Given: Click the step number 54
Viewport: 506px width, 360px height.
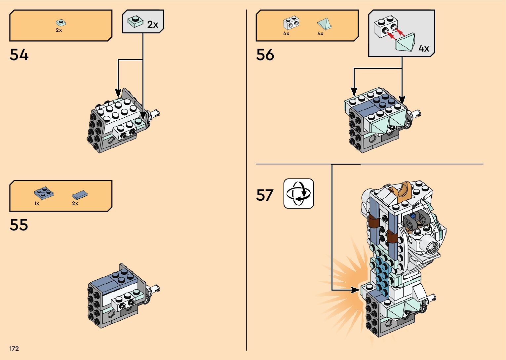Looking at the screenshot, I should click(x=19, y=55).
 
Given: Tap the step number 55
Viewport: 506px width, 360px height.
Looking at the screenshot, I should click(x=19, y=225).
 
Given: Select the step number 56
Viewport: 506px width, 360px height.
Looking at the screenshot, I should click(x=265, y=55).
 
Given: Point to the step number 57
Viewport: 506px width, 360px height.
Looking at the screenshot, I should click(x=265, y=195).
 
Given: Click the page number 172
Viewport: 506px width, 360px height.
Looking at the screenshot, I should click(x=14, y=348).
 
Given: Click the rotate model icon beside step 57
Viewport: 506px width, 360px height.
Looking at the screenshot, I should click(x=298, y=194).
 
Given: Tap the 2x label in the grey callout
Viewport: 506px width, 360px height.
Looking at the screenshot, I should click(x=153, y=24).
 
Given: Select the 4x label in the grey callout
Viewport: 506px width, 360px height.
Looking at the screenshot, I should click(x=424, y=48).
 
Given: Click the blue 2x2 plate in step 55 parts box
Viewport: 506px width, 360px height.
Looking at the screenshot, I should click(x=44, y=192).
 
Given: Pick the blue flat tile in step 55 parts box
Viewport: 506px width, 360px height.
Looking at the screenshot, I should click(x=80, y=195).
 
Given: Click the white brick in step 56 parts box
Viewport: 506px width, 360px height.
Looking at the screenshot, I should click(x=291, y=23).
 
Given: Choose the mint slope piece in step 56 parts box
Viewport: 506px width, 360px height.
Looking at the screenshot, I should click(x=324, y=24).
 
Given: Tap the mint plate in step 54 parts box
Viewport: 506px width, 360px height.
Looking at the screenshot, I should click(x=61, y=22).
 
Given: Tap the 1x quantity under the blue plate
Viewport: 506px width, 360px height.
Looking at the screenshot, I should click(x=37, y=203).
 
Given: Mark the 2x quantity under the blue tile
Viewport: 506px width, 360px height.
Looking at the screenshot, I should click(x=75, y=203).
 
